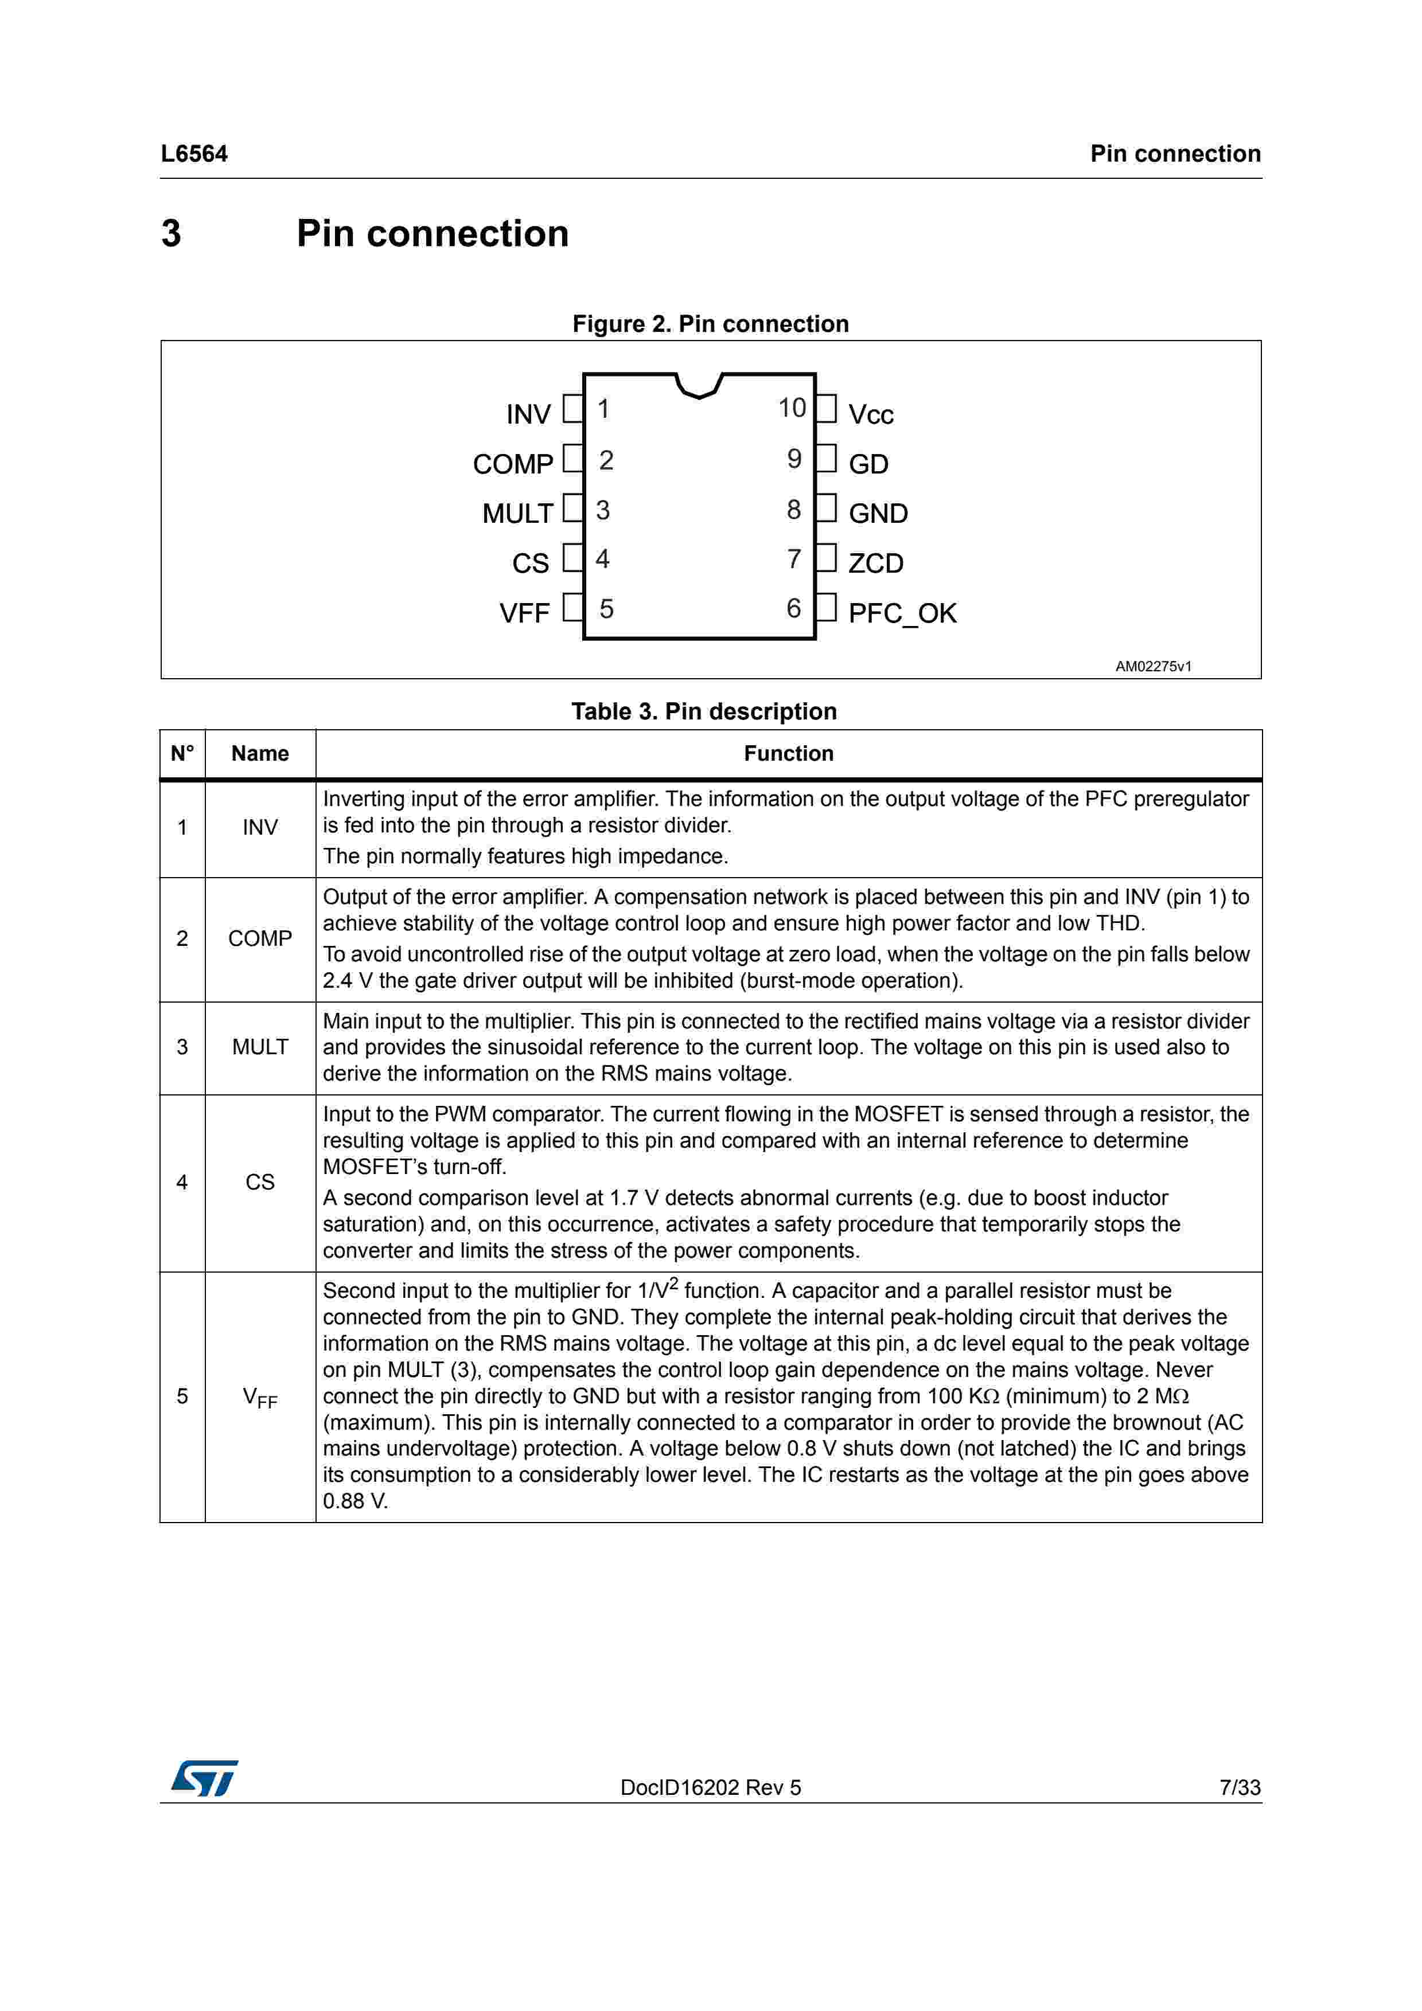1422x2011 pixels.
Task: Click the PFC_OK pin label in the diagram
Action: coord(902,613)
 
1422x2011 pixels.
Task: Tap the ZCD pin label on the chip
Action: coord(875,563)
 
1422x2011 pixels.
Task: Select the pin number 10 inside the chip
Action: coord(792,408)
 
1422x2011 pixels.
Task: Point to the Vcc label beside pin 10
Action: coord(871,414)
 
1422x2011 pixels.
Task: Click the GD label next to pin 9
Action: coord(868,464)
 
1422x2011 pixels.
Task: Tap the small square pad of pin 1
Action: coord(573,409)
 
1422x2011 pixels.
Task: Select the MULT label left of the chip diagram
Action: coord(518,513)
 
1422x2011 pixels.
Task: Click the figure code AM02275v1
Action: coord(1153,667)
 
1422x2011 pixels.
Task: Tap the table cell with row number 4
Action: coord(182,1183)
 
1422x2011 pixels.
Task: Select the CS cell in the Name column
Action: coord(260,1183)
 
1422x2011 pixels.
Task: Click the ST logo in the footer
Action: coord(204,1779)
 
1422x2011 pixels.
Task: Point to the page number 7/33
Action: coord(1240,1787)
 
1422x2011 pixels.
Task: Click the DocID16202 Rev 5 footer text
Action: coord(711,1787)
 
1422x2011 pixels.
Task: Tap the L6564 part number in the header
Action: coord(194,154)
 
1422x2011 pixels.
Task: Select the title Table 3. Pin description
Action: coord(704,711)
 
